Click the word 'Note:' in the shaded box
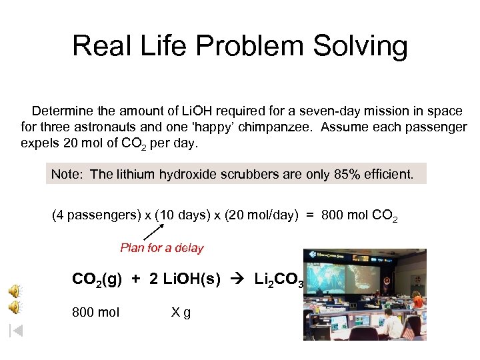[x=67, y=175]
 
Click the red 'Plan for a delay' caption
[x=162, y=248]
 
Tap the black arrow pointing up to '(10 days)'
[x=154, y=232]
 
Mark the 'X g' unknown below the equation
[x=181, y=312]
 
